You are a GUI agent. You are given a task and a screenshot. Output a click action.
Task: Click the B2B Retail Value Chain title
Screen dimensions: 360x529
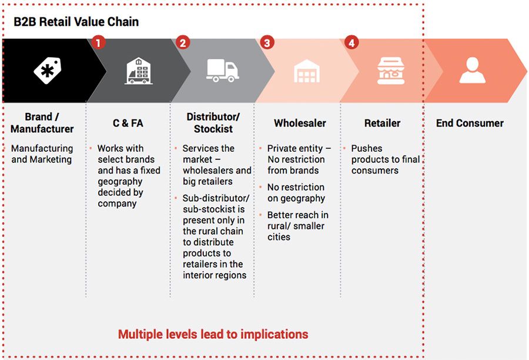point(76,22)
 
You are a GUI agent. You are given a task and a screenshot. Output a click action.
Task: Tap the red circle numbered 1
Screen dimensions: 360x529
point(98,42)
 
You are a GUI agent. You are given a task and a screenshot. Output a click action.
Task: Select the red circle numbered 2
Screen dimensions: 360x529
point(182,42)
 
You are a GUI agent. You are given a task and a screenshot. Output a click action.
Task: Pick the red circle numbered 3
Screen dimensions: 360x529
point(267,42)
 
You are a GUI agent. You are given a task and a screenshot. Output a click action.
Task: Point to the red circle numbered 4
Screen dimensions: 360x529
point(351,42)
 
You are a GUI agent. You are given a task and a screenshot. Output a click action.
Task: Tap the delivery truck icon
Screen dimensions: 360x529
point(222,71)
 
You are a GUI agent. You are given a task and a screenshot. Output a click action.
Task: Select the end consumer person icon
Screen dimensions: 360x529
point(472,71)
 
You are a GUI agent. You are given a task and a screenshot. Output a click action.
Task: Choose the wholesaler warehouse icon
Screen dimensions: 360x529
point(306,71)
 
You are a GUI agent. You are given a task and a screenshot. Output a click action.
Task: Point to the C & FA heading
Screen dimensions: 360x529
point(128,123)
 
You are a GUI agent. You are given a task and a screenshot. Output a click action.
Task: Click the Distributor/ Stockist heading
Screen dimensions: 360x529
point(213,123)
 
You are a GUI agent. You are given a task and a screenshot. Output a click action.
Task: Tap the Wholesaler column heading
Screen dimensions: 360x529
point(300,123)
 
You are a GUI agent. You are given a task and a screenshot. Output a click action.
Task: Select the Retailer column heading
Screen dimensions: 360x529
point(382,123)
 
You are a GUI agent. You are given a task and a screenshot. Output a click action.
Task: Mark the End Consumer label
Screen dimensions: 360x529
point(470,123)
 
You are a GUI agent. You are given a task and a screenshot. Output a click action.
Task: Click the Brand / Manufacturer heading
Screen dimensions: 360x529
point(42,123)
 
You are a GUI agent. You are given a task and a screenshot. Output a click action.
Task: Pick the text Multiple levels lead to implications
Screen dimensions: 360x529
point(213,334)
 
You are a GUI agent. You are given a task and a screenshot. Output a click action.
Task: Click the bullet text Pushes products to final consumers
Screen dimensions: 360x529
point(384,159)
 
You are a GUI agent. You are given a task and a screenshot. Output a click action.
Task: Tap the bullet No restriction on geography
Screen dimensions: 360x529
point(296,193)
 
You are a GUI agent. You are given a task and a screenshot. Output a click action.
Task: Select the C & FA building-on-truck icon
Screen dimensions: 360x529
point(138,71)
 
